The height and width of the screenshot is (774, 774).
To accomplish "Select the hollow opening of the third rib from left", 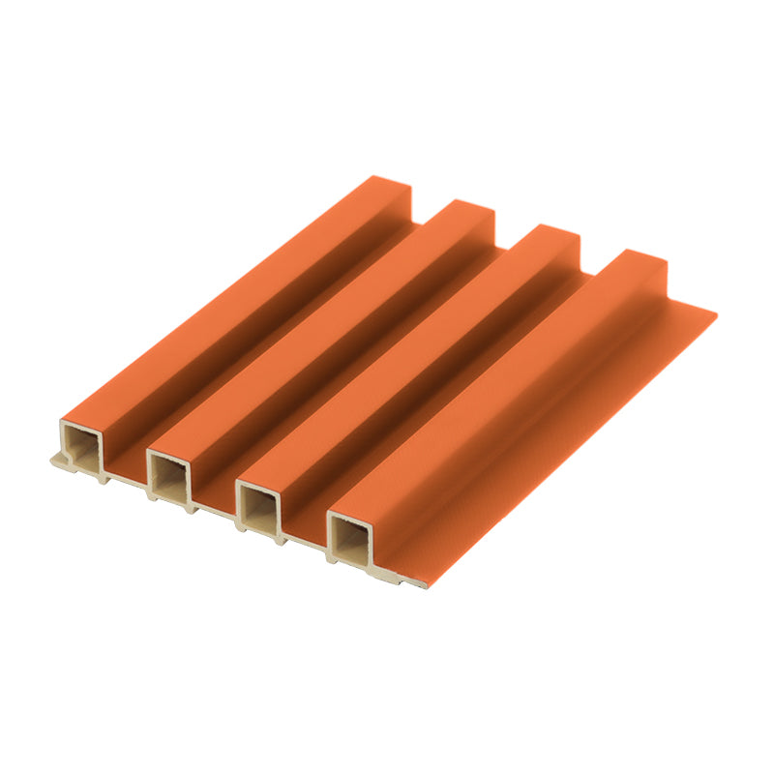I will pyautogui.click(x=258, y=504).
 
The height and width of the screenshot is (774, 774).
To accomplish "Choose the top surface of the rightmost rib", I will pyautogui.click(x=493, y=387).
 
